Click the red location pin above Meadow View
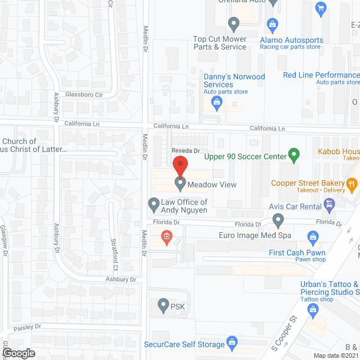point(179,167)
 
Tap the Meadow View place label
point(213,184)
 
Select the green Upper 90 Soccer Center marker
point(293,154)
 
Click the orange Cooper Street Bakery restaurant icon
point(352,183)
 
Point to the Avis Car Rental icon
point(328,206)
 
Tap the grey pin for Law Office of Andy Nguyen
point(153,203)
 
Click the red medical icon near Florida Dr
point(166,237)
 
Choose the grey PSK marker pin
point(163,307)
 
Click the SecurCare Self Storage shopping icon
point(231,343)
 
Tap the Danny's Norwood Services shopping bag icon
point(216,102)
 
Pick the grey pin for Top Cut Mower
point(234,24)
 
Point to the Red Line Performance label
point(321,75)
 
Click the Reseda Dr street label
point(186,151)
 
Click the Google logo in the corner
point(18,353)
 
